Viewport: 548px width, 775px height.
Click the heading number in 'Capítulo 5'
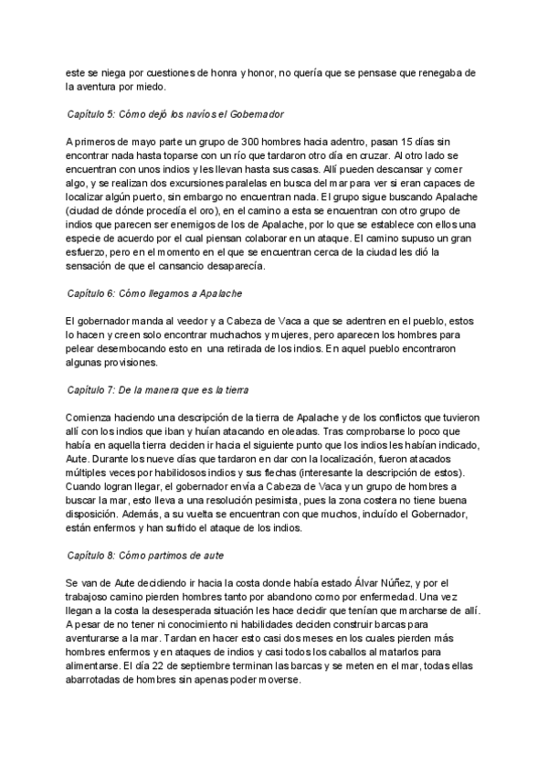click(x=113, y=115)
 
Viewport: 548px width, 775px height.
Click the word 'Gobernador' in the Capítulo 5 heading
click(x=252, y=115)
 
